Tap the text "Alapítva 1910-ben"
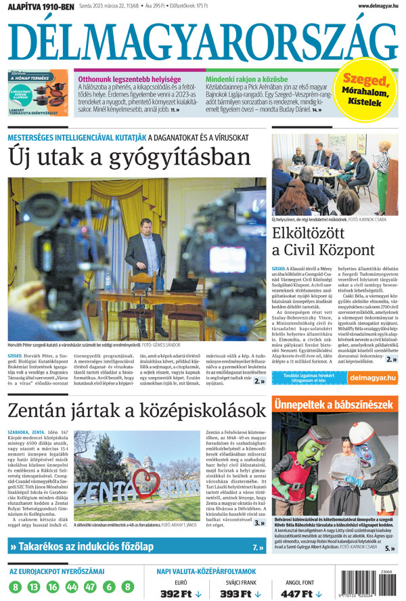point(40,7)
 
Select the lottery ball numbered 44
point(72,587)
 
